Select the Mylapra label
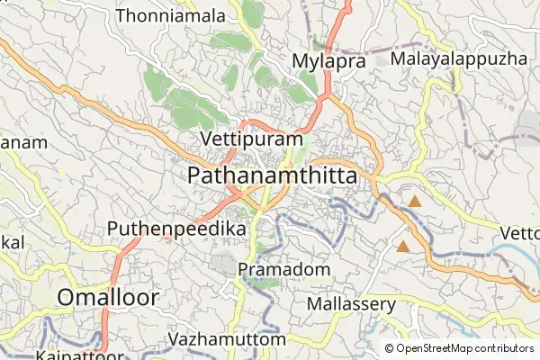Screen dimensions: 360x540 [x=328, y=61]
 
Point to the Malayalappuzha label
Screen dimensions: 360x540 [x=458, y=58]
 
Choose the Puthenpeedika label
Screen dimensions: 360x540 [x=176, y=229]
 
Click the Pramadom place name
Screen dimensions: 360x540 [x=284, y=269]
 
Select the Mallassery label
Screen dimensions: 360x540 [x=351, y=304]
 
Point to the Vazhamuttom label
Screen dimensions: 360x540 [x=227, y=339]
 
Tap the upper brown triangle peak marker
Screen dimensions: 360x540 [x=415, y=202]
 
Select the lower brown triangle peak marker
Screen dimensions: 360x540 [x=403, y=245]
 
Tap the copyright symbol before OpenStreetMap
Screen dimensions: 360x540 [x=389, y=348]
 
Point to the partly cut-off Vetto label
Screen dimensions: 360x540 [x=519, y=233]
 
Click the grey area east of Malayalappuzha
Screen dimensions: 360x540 [x=528, y=126]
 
